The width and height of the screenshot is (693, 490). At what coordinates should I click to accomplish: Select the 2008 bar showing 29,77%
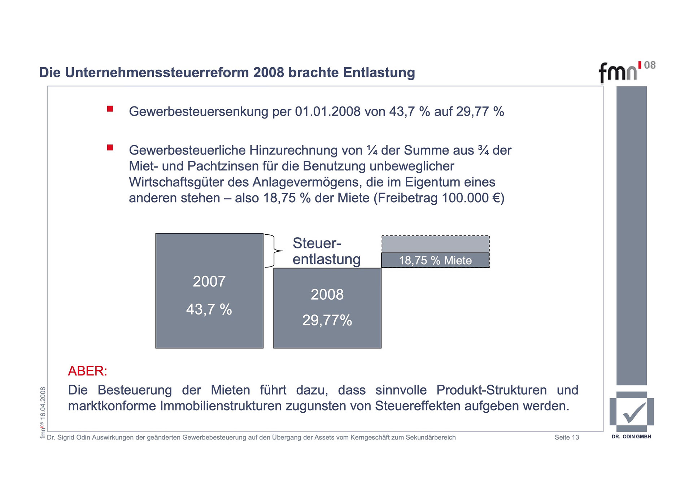click(x=327, y=308)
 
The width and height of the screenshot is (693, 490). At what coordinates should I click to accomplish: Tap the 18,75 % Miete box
click(x=435, y=260)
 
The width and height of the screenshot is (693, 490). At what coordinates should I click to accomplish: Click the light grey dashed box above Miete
click(x=435, y=244)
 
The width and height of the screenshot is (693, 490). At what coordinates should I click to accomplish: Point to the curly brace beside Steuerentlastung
click(x=274, y=251)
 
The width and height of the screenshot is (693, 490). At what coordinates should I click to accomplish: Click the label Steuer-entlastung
click(x=326, y=251)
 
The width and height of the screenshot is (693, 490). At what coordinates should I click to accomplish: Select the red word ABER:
click(x=87, y=371)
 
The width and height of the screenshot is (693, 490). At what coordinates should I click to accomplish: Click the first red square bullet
click(x=110, y=109)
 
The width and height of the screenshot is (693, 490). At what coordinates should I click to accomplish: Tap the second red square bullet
click(x=110, y=147)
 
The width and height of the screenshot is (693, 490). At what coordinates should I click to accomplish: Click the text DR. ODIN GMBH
click(x=631, y=437)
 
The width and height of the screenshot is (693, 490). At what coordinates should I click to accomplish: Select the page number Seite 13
click(x=567, y=437)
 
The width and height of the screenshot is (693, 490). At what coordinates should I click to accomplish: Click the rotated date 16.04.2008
click(x=43, y=403)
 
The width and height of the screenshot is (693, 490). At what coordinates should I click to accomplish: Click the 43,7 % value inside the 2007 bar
click(x=209, y=309)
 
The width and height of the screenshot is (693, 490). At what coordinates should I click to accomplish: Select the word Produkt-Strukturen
click(x=491, y=390)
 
